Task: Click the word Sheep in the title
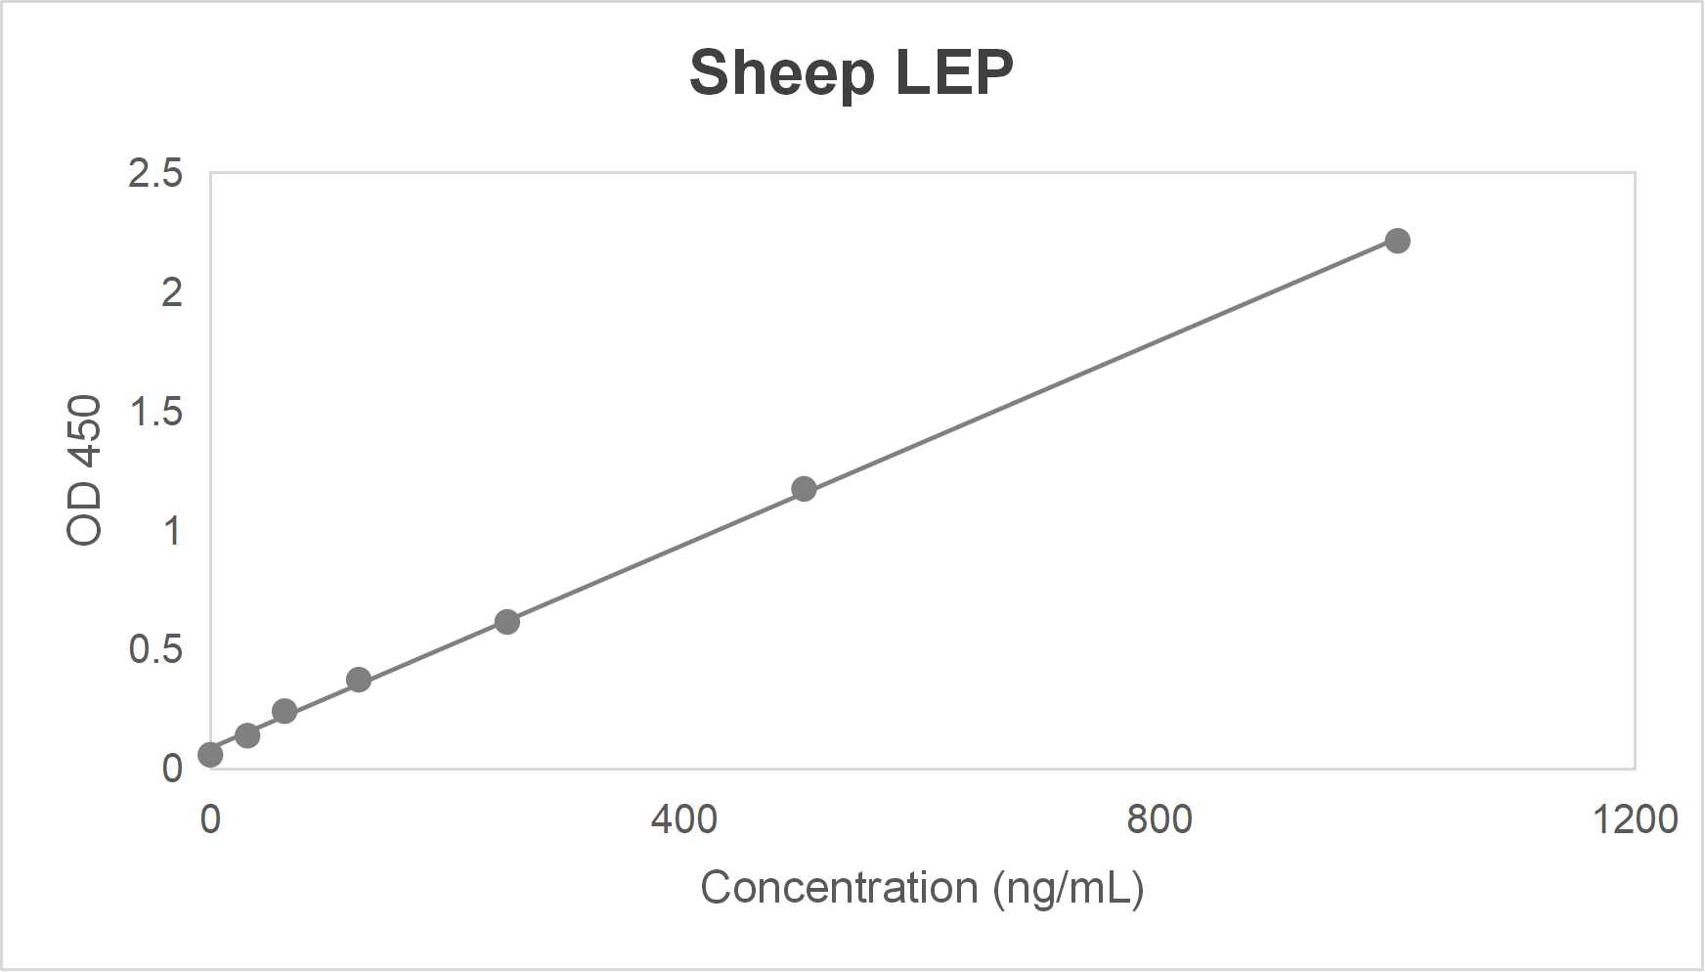click(x=781, y=73)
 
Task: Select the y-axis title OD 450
click(x=85, y=469)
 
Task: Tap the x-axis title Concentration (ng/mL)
click(x=922, y=888)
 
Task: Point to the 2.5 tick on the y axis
click(x=155, y=173)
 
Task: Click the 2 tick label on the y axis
click(x=171, y=292)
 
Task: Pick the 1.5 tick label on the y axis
click(x=155, y=412)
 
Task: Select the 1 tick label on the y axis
click(x=171, y=531)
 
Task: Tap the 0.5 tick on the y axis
click(x=155, y=649)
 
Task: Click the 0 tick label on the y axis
click(x=171, y=769)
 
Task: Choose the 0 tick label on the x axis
click(x=210, y=818)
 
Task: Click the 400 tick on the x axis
click(x=684, y=818)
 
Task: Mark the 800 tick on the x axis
click(x=1159, y=818)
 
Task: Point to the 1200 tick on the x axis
click(x=1635, y=818)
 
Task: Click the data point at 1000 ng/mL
click(x=1397, y=241)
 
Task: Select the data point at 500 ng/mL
click(x=804, y=489)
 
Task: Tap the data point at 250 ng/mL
click(x=506, y=622)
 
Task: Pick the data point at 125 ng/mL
click(x=359, y=680)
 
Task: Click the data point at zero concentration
click(x=210, y=755)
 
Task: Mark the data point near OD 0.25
click(x=284, y=711)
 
